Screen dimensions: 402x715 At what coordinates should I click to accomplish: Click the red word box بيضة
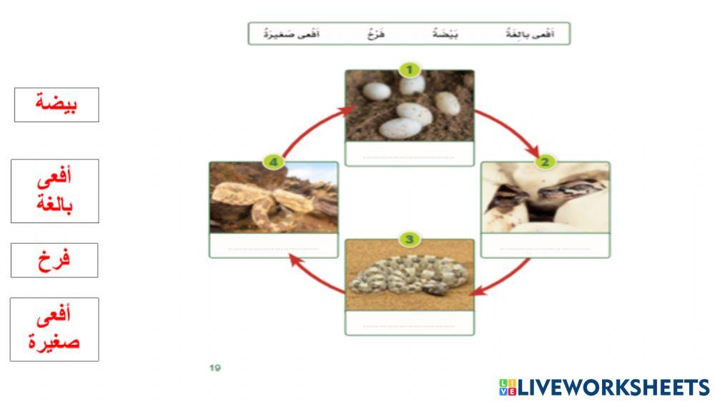[x=56, y=104]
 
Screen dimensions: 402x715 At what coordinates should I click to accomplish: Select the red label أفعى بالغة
[x=55, y=191]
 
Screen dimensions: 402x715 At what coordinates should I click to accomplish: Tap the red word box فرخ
[x=54, y=260]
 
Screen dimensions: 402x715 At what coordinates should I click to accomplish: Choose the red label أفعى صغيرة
[x=54, y=329]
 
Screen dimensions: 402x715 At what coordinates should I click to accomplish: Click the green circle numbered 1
[x=409, y=69]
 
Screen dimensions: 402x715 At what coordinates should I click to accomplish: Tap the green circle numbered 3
[x=409, y=239]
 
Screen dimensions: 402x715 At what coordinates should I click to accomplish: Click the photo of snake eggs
[x=409, y=106]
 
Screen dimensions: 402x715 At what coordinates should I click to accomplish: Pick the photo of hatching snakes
[x=545, y=198]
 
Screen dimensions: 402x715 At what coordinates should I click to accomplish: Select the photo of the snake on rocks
[x=273, y=198]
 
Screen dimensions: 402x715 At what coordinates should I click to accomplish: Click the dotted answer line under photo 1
[x=409, y=156]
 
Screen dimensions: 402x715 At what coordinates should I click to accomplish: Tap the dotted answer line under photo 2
[x=545, y=248]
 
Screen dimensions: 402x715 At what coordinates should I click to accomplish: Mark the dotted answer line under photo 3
[x=409, y=325]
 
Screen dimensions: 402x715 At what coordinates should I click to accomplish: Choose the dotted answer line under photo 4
[x=273, y=248]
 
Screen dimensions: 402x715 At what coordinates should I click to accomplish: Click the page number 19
[x=215, y=368]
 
